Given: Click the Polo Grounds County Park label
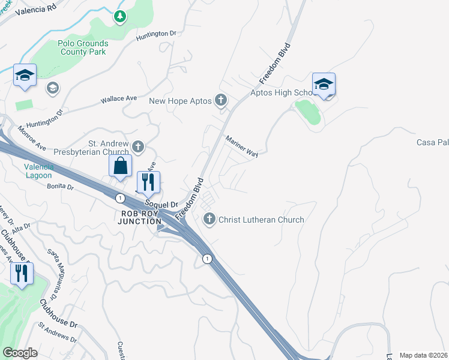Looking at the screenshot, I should coord(83,47).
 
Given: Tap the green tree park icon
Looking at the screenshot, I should coord(120,17).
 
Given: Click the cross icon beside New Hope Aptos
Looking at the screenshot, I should coord(221,100).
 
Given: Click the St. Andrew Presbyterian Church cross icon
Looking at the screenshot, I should coord(138,146).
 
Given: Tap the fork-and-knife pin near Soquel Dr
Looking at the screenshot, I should coord(149,182).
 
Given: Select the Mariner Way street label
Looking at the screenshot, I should coord(241,146).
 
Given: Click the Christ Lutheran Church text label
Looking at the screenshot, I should coord(261,220).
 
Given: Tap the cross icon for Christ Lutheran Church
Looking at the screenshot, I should coord(209,219).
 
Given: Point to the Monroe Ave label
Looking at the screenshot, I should coord(32,138).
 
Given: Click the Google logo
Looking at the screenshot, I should coord(20,353).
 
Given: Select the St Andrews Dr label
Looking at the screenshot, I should coord(58,332).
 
